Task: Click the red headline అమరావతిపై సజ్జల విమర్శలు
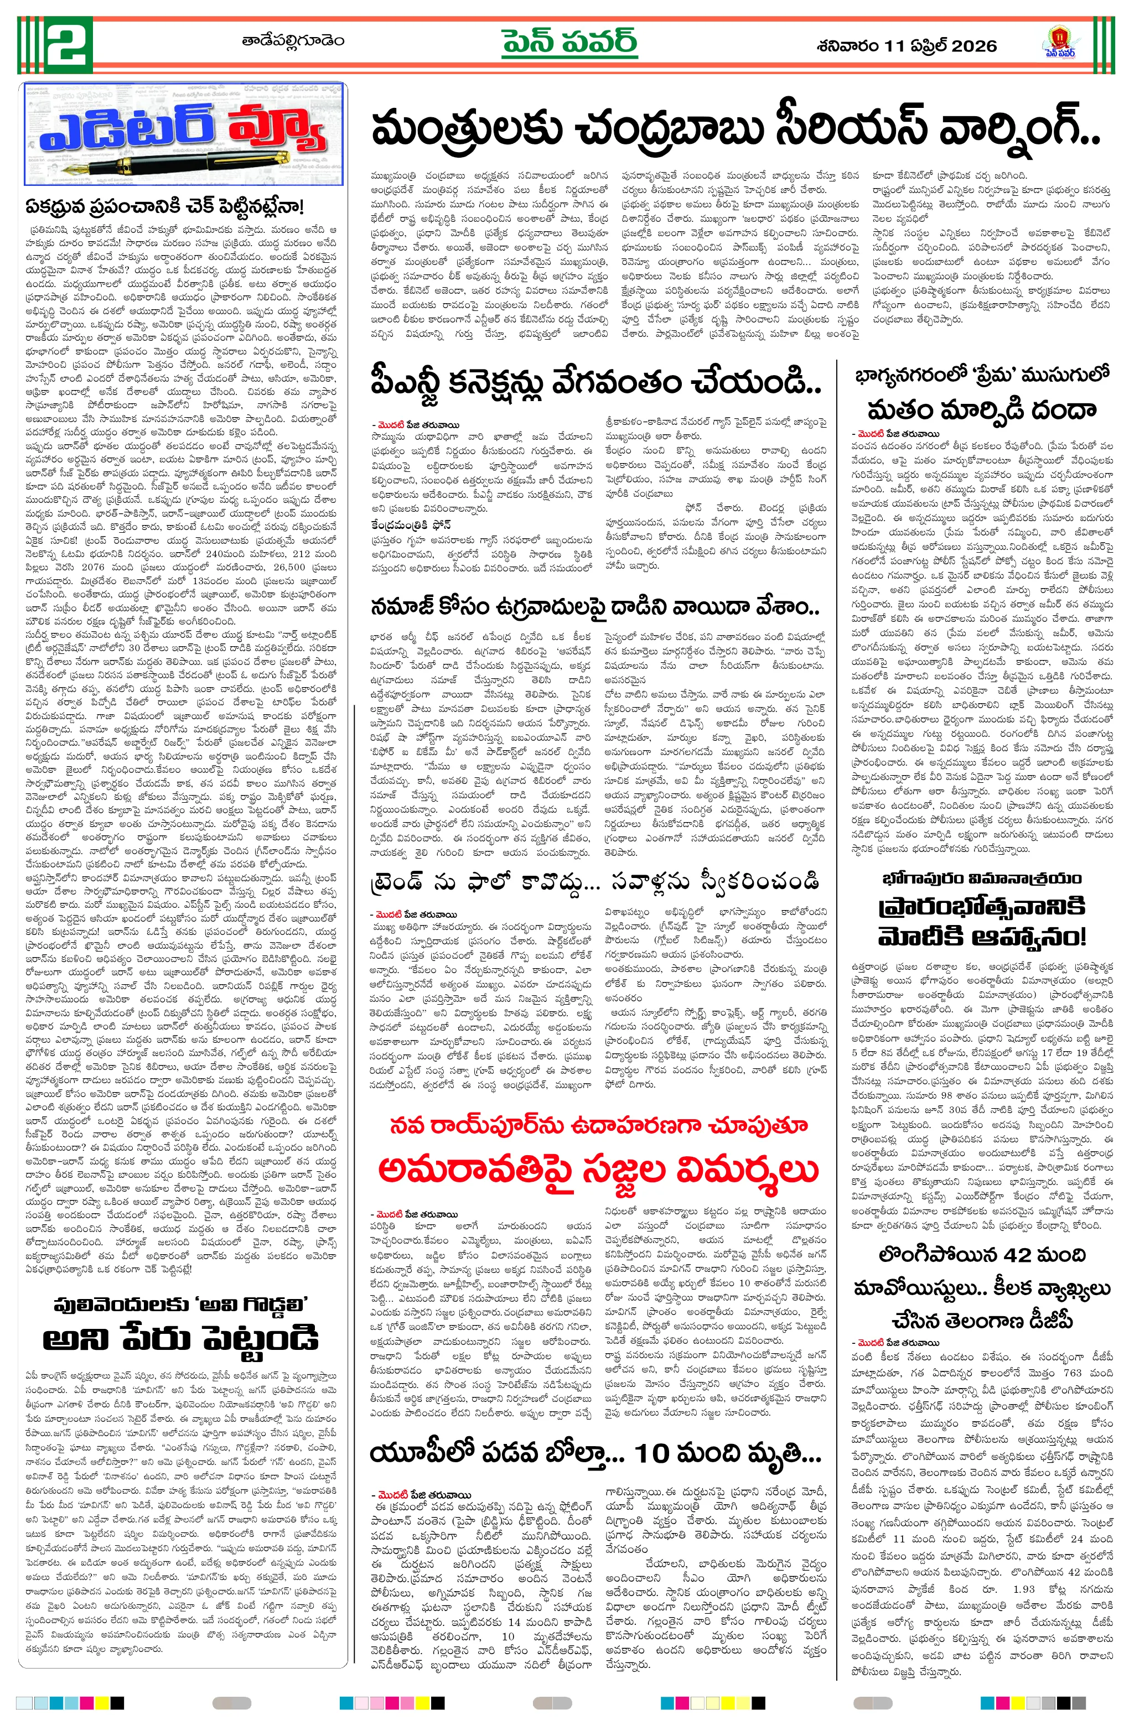pyautogui.click(x=598, y=1168)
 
